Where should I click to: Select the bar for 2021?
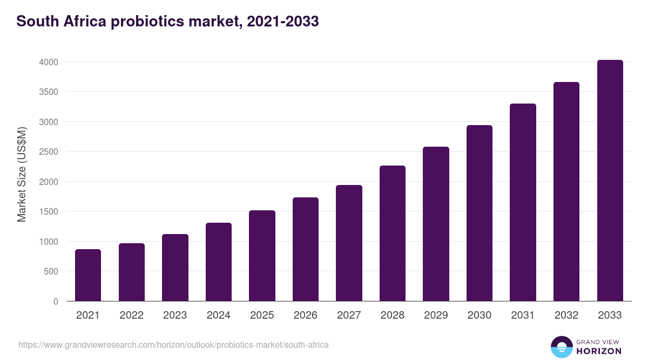[x=88, y=275]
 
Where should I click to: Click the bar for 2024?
[x=219, y=262]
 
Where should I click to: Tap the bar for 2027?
[x=349, y=243]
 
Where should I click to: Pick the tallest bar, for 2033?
[x=610, y=181]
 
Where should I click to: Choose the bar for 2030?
[x=480, y=213]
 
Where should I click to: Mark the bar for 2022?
[x=132, y=272]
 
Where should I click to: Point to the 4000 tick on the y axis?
[x=49, y=62]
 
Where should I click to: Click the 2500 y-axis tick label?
[x=49, y=152]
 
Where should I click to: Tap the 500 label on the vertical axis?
[x=51, y=272]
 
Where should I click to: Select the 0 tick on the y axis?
[x=56, y=301]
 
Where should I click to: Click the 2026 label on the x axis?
[x=306, y=315]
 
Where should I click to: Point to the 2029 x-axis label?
[x=436, y=315]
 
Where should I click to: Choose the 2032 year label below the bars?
[x=566, y=315]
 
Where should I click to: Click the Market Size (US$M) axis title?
[x=22, y=174]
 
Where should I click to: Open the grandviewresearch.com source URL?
[x=173, y=345]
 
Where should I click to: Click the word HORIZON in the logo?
[x=599, y=351]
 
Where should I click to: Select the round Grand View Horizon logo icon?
[x=561, y=347]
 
